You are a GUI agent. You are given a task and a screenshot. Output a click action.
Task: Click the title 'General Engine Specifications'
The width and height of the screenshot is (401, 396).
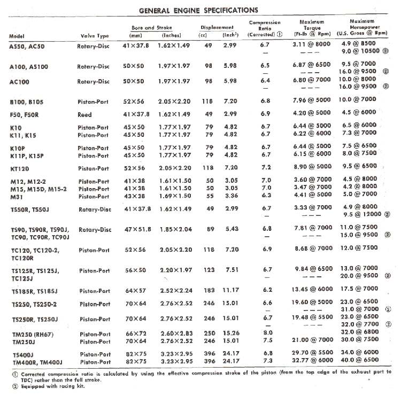tap(198, 10)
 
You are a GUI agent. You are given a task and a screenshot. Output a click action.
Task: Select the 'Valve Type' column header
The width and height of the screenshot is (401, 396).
tap(95, 36)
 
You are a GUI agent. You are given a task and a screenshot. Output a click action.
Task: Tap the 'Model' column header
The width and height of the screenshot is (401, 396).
tap(18, 36)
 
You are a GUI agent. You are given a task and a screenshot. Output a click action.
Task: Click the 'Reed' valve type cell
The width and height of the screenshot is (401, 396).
tap(84, 114)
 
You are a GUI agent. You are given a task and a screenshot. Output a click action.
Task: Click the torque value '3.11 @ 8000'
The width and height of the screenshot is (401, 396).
tap(312, 45)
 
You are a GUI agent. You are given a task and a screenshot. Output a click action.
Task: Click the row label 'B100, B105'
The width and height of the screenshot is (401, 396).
tap(26, 100)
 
